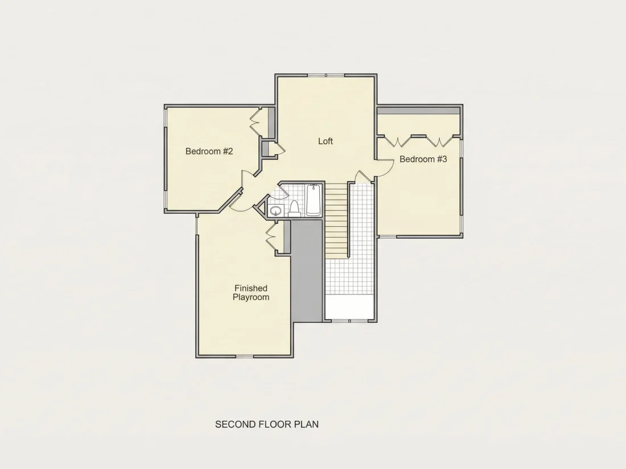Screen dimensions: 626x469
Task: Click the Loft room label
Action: pos(326,141)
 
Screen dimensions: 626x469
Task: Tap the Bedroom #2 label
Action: pos(209,151)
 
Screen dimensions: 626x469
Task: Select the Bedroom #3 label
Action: pos(423,159)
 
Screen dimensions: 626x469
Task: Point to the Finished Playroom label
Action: pos(251,293)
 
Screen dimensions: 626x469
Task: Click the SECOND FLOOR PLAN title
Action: pos(267,424)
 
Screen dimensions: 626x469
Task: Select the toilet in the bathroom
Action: pos(295,209)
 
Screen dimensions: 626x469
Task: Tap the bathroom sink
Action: pos(276,210)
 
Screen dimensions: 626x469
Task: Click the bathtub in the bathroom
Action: pos(314,200)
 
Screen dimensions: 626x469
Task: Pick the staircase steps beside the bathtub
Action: pos(336,221)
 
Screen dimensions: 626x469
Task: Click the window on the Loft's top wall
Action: pos(326,76)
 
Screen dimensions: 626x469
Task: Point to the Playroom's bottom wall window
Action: pos(244,356)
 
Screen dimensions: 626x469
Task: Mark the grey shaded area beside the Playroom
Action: pos(307,271)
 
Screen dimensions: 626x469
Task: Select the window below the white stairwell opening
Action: pos(349,321)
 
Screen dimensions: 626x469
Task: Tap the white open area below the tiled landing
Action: pos(349,306)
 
